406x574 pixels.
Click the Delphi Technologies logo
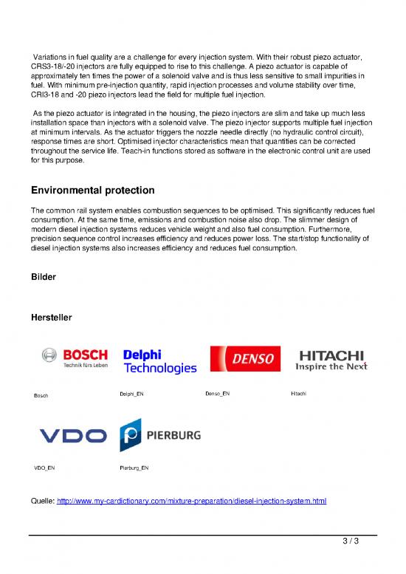[x=159, y=360]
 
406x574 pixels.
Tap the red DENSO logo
[x=244, y=360]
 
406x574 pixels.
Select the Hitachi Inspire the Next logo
[x=330, y=359]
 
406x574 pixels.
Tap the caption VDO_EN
[x=44, y=468]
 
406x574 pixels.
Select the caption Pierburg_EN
[x=134, y=468]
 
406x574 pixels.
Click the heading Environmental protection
[x=87, y=190]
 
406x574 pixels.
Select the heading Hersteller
[x=51, y=317]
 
